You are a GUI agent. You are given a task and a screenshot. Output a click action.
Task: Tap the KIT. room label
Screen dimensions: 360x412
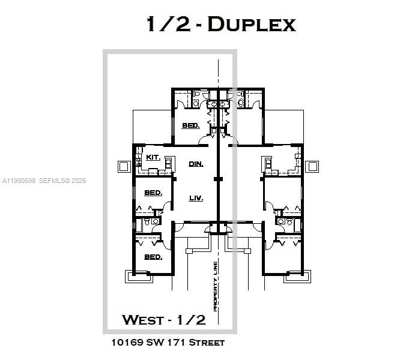(x=153, y=157)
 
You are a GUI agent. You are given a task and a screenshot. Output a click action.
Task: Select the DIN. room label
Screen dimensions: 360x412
(x=196, y=163)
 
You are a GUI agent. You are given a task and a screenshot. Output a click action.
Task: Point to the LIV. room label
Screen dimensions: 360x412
(x=196, y=198)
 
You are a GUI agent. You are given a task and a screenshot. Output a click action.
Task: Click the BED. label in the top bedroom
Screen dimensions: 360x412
(x=191, y=126)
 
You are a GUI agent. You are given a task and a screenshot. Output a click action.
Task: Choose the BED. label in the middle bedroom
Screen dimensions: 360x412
(x=153, y=193)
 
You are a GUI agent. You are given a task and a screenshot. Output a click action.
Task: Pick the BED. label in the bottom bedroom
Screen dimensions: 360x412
(x=153, y=257)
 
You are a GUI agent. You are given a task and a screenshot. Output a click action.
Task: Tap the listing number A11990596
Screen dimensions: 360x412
(x=19, y=181)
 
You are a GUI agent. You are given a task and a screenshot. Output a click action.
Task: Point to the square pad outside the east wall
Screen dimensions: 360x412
(x=312, y=166)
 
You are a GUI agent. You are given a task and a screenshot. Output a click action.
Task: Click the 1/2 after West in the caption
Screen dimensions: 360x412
(x=192, y=319)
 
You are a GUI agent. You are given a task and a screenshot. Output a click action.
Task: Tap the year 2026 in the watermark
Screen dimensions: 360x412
(x=79, y=181)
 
